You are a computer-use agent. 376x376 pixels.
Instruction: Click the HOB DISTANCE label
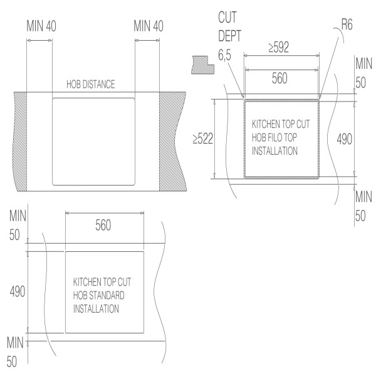click(91, 85)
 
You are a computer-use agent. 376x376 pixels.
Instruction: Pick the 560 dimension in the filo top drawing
click(281, 79)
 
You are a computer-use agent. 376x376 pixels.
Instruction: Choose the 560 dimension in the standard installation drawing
click(103, 226)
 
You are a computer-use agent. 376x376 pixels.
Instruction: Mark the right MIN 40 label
click(148, 27)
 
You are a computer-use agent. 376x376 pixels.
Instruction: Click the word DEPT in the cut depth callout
click(230, 37)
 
